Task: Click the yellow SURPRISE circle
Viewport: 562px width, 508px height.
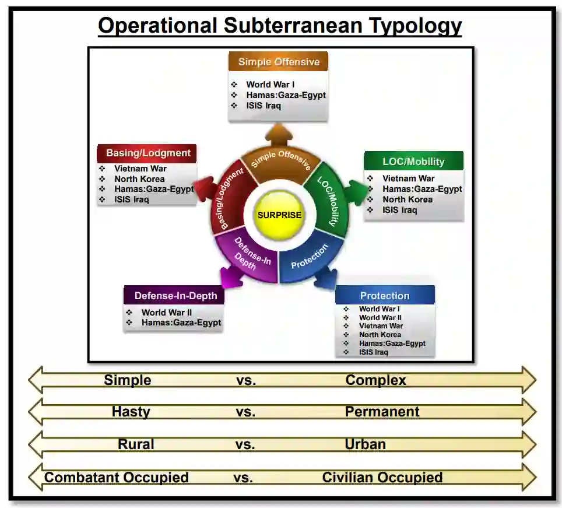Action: pyautogui.click(x=279, y=215)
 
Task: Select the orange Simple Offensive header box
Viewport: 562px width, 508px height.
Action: pyautogui.click(x=279, y=62)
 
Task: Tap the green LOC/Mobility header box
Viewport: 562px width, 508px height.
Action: pyautogui.click(x=413, y=162)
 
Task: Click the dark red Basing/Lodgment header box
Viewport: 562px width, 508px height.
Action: pyautogui.click(x=147, y=153)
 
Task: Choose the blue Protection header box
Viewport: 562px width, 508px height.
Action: pyautogui.click(x=385, y=295)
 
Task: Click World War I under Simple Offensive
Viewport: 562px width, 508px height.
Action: pyautogui.click(x=270, y=85)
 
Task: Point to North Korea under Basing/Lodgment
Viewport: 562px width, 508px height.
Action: pyautogui.click(x=139, y=179)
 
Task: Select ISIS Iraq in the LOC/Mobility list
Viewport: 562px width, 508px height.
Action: pyautogui.click(x=399, y=210)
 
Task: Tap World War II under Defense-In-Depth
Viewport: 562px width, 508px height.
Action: pyautogui.click(x=166, y=313)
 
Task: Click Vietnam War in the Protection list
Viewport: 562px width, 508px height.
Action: pyautogui.click(x=381, y=326)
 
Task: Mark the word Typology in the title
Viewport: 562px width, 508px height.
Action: pyautogui.click(x=402, y=26)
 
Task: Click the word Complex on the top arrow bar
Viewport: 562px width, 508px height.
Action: pyautogui.click(x=375, y=380)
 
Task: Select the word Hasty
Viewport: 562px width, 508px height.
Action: pyautogui.click(x=131, y=412)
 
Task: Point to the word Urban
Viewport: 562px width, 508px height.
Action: pyautogui.click(x=365, y=444)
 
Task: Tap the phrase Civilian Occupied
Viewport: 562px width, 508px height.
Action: pyautogui.click(x=382, y=478)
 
